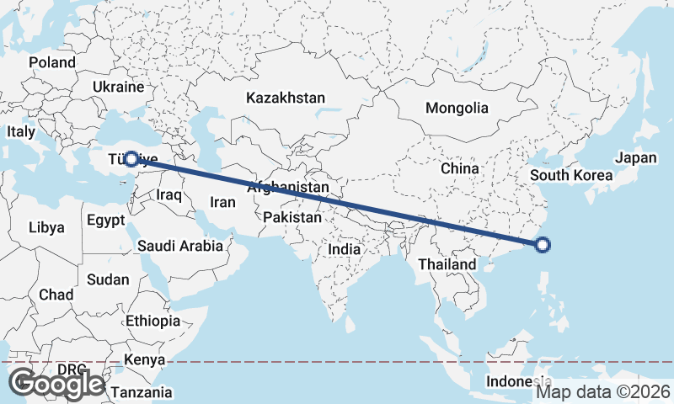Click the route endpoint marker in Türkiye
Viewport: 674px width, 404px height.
pyautogui.click(x=131, y=158)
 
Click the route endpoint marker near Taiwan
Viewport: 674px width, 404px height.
pyautogui.click(x=543, y=245)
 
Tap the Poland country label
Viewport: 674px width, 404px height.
pyautogui.click(x=51, y=62)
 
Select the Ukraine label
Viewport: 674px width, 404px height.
pyautogui.click(x=119, y=87)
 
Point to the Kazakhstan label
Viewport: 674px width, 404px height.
pyautogui.click(x=286, y=98)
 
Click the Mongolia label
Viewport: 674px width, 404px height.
pyautogui.click(x=457, y=108)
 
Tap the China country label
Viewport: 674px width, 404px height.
pyautogui.click(x=459, y=168)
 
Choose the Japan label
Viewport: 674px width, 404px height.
pyautogui.click(x=635, y=157)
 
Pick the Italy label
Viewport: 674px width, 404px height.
pyautogui.click(x=21, y=132)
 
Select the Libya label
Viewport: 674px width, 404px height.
pyautogui.click(x=45, y=227)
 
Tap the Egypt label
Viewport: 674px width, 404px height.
pyautogui.click(x=106, y=221)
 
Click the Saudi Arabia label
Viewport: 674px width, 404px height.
pyautogui.click(x=181, y=247)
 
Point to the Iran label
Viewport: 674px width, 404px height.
pyautogui.click(x=222, y=202)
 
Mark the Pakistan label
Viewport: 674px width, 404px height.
pyautogui.click(x=292, y=217)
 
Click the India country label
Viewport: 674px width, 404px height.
pyautogui.click(x=344, y=250)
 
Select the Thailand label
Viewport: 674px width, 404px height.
pyautogui.click(x=447, y=264)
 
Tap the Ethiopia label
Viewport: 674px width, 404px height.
pyautogui.click(x=152, y=321)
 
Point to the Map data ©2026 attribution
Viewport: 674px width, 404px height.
pyautogui.click(x=603, y=391)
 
